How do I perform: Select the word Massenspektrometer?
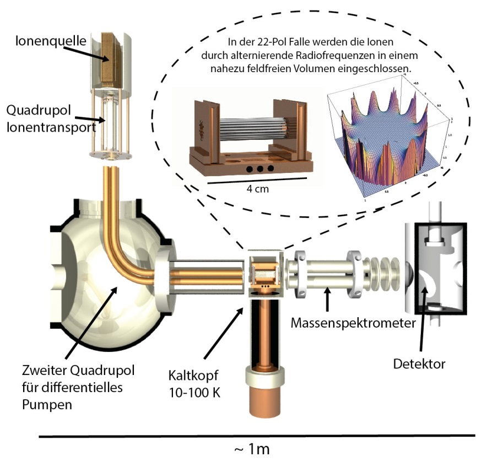[x=353, y=323]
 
